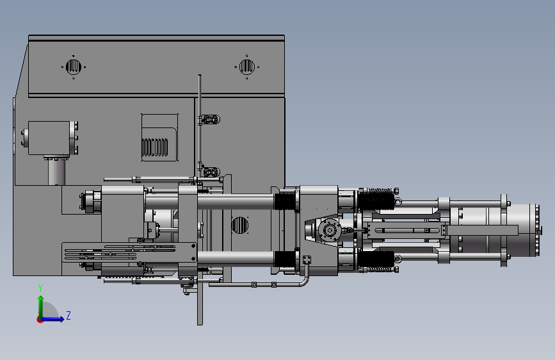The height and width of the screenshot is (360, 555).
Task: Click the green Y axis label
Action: (40, 288)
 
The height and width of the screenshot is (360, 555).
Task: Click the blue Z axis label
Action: (68, 315)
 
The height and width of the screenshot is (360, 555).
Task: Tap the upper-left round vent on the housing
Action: (74, 67)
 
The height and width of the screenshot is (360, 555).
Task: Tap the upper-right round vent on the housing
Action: (246, 67)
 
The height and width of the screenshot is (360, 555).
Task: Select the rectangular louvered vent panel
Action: (159, 138)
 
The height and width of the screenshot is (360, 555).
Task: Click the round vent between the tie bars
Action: (239, 225)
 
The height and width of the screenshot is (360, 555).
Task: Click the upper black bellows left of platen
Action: (285, 201)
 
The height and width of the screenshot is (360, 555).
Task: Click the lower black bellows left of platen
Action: (285, 259)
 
